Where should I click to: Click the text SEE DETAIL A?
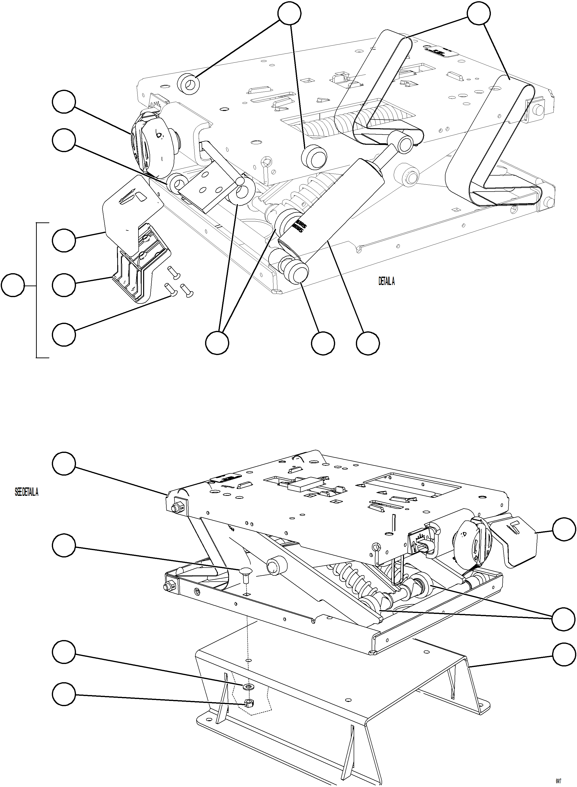[27, 492]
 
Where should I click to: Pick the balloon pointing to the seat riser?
[564, 656]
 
